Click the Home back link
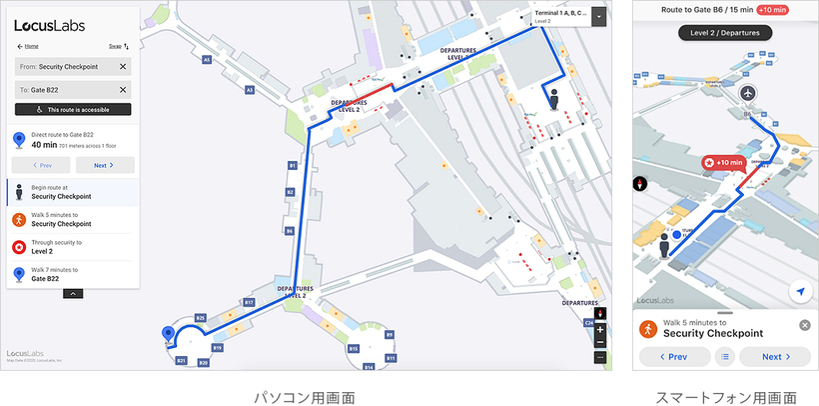(28, 46)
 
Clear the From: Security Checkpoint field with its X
(123, 66)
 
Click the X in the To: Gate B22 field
(123, 90)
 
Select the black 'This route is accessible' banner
(73, 109)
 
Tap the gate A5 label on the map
(207, 60)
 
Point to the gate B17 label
(250, 301)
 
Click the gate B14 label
(369, 367)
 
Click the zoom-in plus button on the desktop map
(600, 328)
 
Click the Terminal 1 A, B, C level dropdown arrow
(597, 16)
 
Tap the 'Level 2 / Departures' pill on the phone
(726, 32)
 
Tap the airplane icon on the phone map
(749, 93)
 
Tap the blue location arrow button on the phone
(799, 291)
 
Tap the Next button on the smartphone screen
(776, 356)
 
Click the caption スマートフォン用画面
(726, 397)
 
